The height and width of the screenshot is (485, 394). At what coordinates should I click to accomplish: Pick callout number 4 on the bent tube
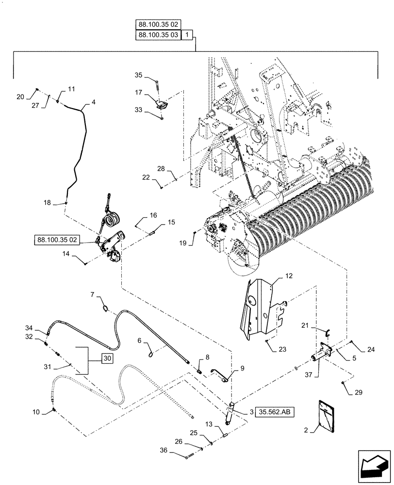[93, 103]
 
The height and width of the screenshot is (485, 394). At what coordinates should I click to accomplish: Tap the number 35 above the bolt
[138, 75]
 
